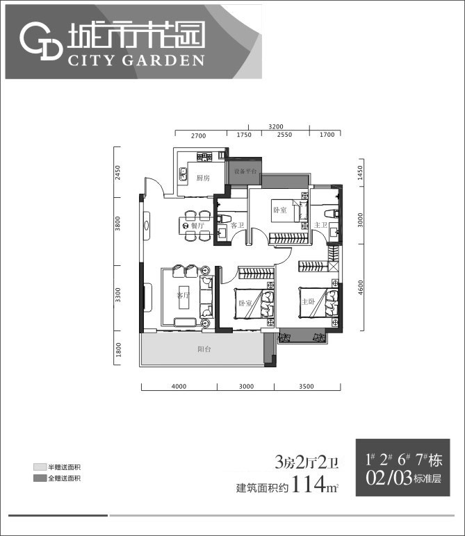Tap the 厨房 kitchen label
point(204,178)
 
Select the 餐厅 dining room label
point(197,226)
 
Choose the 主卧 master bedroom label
point(309,301)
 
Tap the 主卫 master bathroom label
point(320,225)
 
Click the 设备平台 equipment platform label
point(245,171)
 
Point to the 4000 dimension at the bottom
point(179,387)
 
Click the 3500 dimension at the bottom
point(307,387)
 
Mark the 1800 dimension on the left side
point(119,350)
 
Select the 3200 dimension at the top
point(276,126)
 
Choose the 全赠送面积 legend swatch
point(39,479)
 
